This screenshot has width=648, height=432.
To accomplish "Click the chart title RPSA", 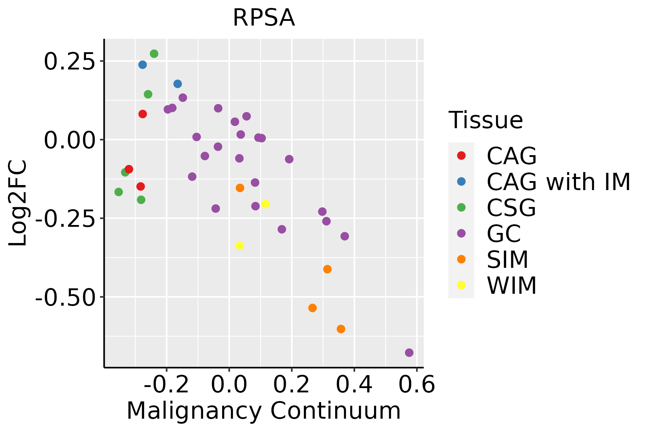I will pyautogui.click(x=264, y=18).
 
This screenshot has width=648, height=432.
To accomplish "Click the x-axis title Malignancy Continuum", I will pyautogui.click(x=264, y=411).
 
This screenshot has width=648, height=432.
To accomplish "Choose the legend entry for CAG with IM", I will pyautogui.click(x=558, y=182).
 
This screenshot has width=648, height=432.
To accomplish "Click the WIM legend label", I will pyautogui.click(x=512, y=286).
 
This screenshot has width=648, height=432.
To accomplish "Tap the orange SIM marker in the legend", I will pyautogui.click(x=461, y=259).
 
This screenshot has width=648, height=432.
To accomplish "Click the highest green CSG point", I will pyautogui.click(x=154, y=54).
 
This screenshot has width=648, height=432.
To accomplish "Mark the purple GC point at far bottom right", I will pyautogui.click(x=409, y=352).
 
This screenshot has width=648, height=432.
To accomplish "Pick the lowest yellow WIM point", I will pyautogui.click(x=240, y=246).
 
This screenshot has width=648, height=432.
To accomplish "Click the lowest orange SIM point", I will pyautogui.click(x=341, y=329).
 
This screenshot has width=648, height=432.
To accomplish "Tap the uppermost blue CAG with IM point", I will pyautogui.click(x=143, y=65).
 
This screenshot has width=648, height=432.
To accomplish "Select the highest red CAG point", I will pyautogui.click(x=143, y=114).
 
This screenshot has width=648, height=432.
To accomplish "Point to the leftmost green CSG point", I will pyautogui.click(x=118, y=192).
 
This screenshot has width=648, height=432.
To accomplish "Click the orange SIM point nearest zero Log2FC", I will pyautogui.click(x=240, y=188).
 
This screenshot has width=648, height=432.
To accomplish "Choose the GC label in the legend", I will pyautogui.click(x=504, y=234).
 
